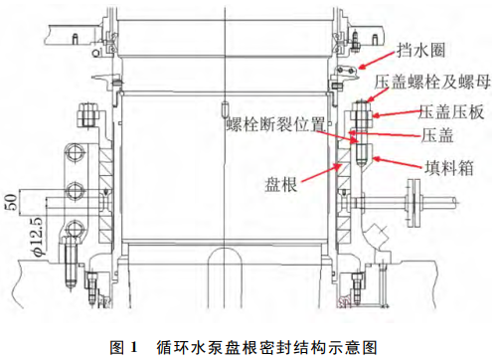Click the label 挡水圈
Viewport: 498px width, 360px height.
[x=420, y=51]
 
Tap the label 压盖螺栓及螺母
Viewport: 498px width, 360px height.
[x=432, y=82]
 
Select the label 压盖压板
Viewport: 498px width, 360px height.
[x=451, y=111]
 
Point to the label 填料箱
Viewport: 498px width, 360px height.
[x=449, y=167]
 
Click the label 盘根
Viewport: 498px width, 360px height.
[x=280, y=184]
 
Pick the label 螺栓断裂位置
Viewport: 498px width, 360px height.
[x=275, y=124]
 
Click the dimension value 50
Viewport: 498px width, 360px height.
[x=11, y=202]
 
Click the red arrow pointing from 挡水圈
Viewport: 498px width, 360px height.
[x=377, y=61]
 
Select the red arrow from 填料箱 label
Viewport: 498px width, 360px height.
[x=399, y=162]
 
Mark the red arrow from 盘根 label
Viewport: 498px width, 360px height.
[x=321, y=172]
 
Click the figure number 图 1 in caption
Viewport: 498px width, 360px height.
[x=123, y=347]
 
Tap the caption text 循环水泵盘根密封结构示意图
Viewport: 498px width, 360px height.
[x=267, y=347]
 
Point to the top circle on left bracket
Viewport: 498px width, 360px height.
[x=76, y=153]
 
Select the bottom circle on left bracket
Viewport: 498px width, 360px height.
[x=75, y=229]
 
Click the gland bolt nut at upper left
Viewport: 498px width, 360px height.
[x=87, y=115]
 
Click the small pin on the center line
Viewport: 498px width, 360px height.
[x=226, y=108]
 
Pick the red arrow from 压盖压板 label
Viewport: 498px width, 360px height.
[x=397, y=113]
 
